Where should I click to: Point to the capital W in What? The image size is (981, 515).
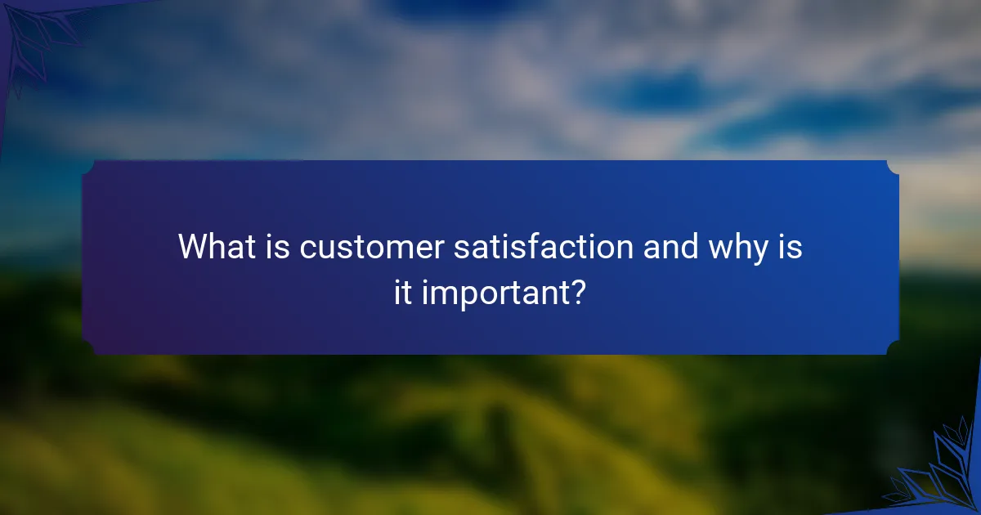[x=194, y=246]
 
